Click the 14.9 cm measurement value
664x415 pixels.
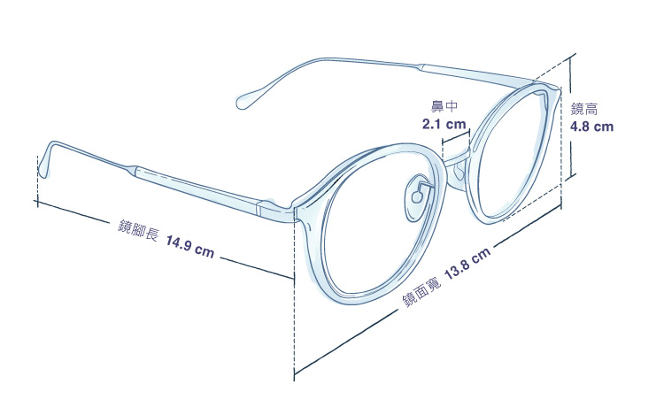coord(189,248)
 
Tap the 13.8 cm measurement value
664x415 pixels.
coord(467,263)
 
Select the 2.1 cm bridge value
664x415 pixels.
coord(444,125)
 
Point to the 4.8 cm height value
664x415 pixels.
coord(591,127)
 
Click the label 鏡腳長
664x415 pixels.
coord(138,230)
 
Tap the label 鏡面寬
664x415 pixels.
coord(421,293)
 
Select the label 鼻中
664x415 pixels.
coord(444,106)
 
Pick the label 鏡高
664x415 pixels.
coord(584,109)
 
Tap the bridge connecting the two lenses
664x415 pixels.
coord(456,157)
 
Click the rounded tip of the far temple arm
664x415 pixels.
coord(244,101)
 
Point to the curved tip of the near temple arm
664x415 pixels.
coord(44,160)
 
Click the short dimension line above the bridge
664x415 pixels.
coord(456,136)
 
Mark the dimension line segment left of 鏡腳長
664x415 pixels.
coord(72,212)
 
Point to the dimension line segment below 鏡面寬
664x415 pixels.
coord(346,342)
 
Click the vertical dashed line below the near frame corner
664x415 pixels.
coord(294,296)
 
